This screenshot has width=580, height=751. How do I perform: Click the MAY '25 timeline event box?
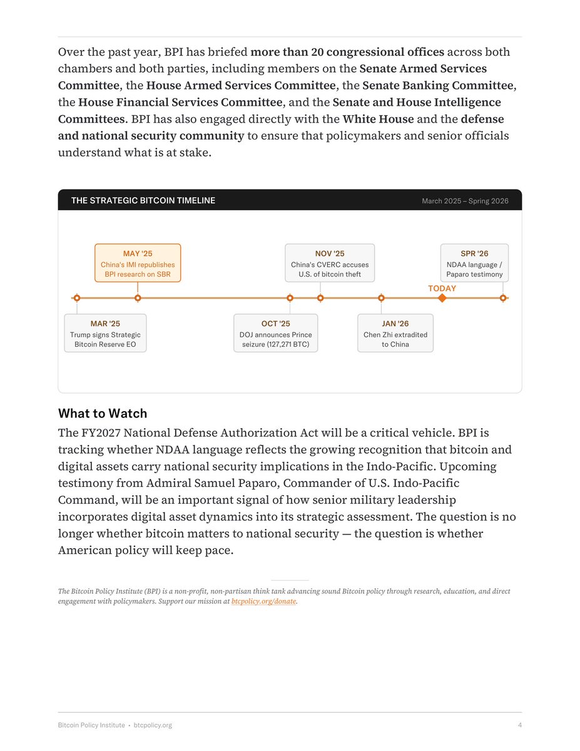pos(138,263)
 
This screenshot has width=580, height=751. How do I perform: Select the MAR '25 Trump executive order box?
pos(105,333)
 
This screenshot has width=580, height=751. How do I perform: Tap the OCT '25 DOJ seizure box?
pos(275,333)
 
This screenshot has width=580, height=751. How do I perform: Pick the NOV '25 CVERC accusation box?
pos(330,263)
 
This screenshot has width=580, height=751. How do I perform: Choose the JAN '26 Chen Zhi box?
pos(395,333)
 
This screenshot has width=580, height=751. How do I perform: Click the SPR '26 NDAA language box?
pos(474,263)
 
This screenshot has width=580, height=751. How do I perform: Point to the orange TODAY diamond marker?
pos(442,298)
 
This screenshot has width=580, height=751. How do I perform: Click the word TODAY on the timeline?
pos(442,289)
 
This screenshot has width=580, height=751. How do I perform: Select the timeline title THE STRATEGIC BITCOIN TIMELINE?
pos(143,200)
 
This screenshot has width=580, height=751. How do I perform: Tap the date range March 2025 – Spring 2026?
pos(465,201)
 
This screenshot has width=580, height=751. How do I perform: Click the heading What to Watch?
pos(103,413)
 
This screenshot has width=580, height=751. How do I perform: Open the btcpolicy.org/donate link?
pos(263,601)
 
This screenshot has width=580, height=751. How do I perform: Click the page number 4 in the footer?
pos(519,725)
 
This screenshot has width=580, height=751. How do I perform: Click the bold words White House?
pos(379,119)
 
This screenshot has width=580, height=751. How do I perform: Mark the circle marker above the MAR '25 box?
pos(77,298)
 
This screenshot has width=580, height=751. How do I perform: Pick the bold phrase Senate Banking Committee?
pos(437,85)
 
